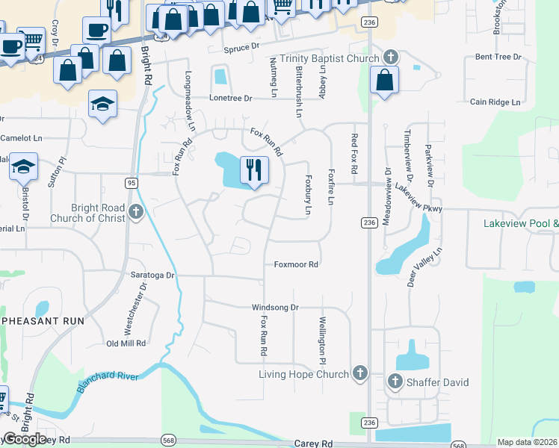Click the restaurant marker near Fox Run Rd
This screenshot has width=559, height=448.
tap(254, 170)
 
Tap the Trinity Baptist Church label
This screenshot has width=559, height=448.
tap(331, 57)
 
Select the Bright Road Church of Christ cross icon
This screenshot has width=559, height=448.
tap(135, 212)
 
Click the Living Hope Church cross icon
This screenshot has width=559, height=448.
tap(359, 373)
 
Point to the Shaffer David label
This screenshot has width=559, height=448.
tap(438, 382)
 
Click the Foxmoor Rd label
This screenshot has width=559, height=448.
tap(296, 264)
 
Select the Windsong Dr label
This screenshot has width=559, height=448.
tap(275, 307)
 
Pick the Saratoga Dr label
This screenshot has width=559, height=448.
tap(152, 275)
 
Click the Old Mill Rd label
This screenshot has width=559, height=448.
tap(126, 343)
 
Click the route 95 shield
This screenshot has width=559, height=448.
tap(131, 183)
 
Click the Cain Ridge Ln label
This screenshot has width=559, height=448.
tap(495, 102)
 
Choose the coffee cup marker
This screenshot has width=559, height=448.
tap(96, 30)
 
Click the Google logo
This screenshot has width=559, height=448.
tap(25, 439)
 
